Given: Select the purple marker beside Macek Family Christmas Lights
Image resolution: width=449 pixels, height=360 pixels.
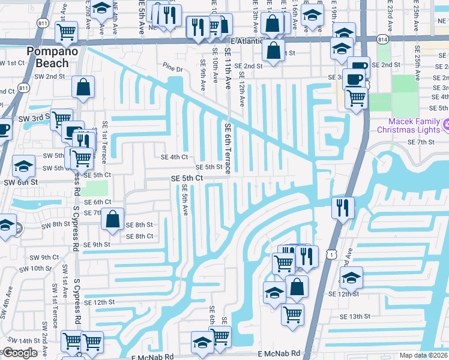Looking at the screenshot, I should [445, 125].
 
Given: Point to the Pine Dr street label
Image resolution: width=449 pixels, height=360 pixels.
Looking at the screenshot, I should [172, 67].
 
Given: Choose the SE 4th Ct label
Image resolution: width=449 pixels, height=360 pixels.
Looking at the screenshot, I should [175, 157].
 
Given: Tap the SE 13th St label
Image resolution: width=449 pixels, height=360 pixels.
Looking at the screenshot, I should [356, 316].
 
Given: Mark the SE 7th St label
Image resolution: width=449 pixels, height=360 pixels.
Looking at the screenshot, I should [420, 142].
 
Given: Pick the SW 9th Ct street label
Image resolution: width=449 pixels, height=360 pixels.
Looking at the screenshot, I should [46, 257].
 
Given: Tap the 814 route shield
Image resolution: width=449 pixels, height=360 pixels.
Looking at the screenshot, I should [383, 39].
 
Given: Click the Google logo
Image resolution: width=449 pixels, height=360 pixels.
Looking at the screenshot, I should [20, 353].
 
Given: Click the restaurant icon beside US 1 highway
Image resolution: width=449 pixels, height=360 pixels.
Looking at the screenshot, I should [343, 208].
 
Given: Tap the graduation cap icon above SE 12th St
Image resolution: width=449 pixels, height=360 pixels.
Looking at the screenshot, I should [351, 277].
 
